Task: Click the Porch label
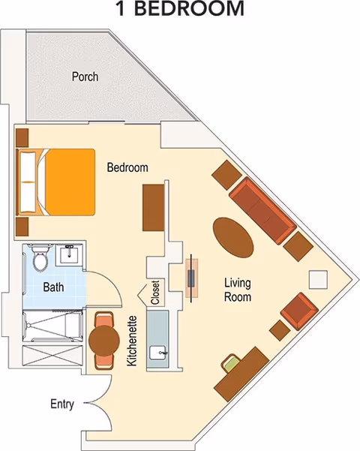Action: click(85, 77)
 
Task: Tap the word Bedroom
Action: click(127, 167)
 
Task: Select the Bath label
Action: click(53, 287)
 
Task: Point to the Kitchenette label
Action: click(132, 341)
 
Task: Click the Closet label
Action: click(155, 293)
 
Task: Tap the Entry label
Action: click(62, 404)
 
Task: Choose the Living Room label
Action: click(238, 290)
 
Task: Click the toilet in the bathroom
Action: click(41, 257)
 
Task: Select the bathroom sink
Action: click(69, 254)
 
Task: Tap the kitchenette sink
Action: click(157, 353)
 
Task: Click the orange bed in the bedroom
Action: click(55, 182)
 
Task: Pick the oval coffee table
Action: click(233, 237)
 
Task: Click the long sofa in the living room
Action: click(262, 211)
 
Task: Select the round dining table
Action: click(104, 341)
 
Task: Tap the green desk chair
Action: click(231, 363)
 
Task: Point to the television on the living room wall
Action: click(191, 278)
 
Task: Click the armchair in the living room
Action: click(299, 311)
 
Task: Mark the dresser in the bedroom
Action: click(153, 208)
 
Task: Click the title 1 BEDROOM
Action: click(180, 9)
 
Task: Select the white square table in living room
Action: click(318, 280)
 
